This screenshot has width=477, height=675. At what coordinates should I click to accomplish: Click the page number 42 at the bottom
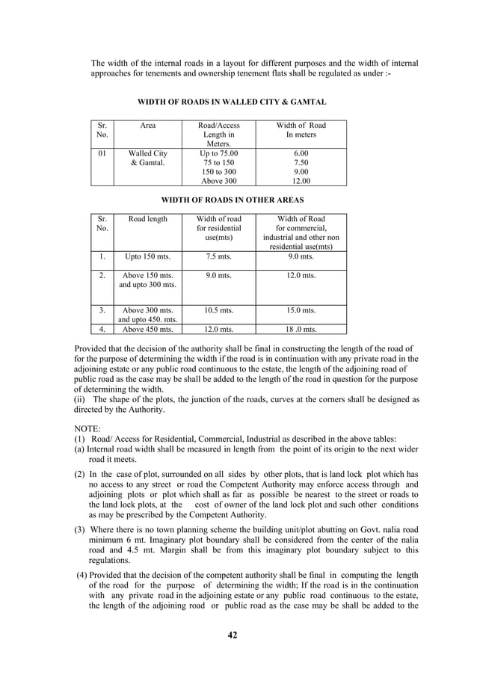(x=233, y=635)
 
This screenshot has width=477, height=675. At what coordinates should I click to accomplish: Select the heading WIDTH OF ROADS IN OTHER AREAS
(x=233, y=200)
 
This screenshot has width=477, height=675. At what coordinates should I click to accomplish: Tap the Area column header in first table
(x=148, y=126)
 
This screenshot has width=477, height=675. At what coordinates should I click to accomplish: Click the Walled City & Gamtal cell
(x=148, y=158)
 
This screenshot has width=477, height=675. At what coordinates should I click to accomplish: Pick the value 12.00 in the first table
(x=301, y=180)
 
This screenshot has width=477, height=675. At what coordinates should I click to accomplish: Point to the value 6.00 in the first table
(x=301, y=153)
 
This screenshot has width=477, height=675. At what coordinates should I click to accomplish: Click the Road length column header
(x=148, y=219)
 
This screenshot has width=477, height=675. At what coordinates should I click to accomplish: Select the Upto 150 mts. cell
(x=148, y=256)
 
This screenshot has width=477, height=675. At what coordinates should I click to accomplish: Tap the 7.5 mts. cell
(x=219, y=256)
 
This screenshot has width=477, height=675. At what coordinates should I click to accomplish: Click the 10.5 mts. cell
(x=219, y=310)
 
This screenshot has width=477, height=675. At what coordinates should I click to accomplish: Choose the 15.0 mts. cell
(x=301, y=310)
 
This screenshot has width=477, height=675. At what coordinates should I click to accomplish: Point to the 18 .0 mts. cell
(x=301, y=329)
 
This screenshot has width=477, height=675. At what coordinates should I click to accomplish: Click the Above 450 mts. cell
(x=148, y=329)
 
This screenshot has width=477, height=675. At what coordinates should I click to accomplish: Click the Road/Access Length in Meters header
(x=219, y=135)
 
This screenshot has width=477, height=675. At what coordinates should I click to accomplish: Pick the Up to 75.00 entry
(x=219, y=153)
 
